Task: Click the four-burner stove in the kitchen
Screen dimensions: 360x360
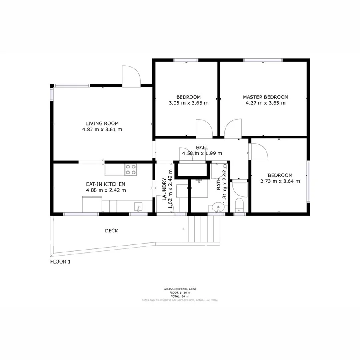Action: tap(130, 170)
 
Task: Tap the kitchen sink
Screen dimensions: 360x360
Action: tap(138, 207)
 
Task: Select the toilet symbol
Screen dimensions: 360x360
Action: tap(240, 205)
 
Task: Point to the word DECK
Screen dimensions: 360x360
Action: tap(111, 231)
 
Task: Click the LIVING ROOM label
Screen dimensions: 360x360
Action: tap(102, 124)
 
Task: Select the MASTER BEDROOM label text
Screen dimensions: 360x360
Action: tap(265, 97)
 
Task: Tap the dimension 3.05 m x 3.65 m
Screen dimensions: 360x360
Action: tap(188, 103)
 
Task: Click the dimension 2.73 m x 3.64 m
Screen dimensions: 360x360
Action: tap(280, 181)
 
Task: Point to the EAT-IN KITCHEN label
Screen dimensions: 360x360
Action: tap(106, 184)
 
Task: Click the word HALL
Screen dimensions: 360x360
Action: tap(202, 148)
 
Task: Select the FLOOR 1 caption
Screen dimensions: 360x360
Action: tap(60, 262)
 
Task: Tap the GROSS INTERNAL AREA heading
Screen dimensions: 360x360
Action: tap(180, 289)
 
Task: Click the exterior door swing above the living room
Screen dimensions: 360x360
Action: tap(131, 76)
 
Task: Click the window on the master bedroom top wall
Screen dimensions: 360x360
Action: tap(264, 60)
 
